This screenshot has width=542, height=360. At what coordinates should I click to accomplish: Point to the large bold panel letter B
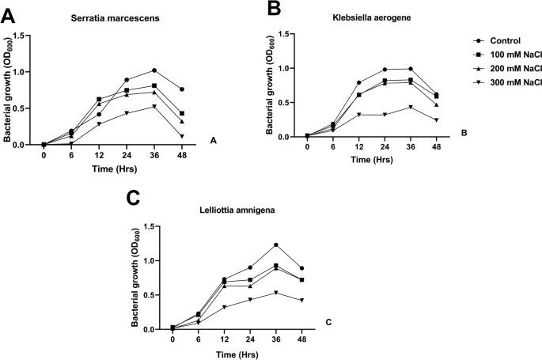274,9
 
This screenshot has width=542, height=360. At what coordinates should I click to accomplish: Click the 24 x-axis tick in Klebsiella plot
383,148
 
